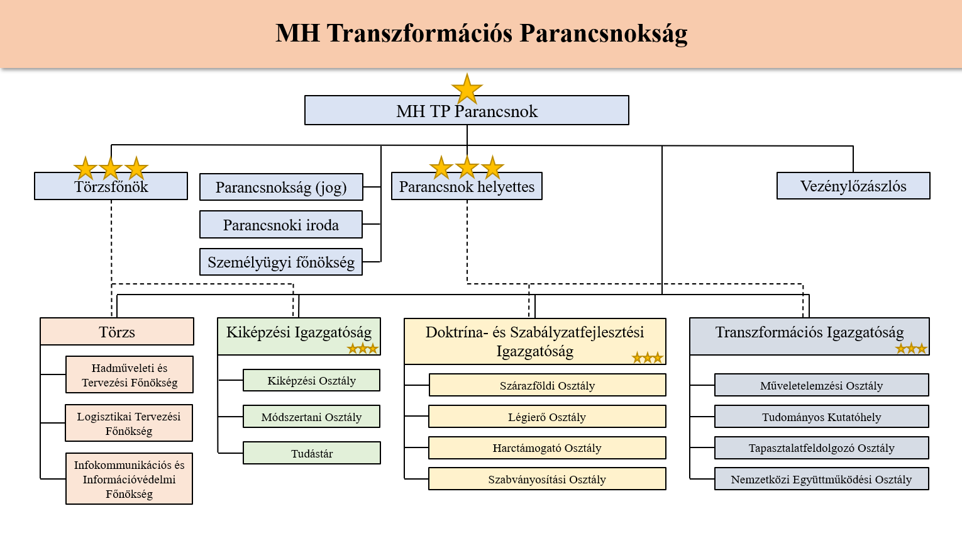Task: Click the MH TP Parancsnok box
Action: pos(467,111)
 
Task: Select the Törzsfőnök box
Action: pos(111,186)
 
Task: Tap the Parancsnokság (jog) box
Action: pos(281,187)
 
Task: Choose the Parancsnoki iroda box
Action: pos(281,225)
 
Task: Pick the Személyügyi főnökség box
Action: pos(281,262)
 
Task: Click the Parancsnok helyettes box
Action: pos(467,186)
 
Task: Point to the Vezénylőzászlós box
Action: pos(853,186)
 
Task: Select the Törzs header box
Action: pos(117,332)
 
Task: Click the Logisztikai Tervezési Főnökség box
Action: pos(129,423)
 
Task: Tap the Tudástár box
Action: pos(312,453)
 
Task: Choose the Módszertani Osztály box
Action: pos(311,417)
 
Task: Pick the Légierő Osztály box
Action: pos(547,417)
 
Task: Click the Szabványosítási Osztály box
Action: pos(547,479)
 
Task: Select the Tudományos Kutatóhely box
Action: pos(822,417)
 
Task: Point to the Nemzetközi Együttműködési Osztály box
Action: pos(822,479)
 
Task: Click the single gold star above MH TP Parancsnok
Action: pos(467,89)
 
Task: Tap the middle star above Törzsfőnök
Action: pos(111,168)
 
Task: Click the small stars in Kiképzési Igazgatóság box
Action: pos(363,348)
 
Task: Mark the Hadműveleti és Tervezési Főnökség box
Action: pos(130,374)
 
